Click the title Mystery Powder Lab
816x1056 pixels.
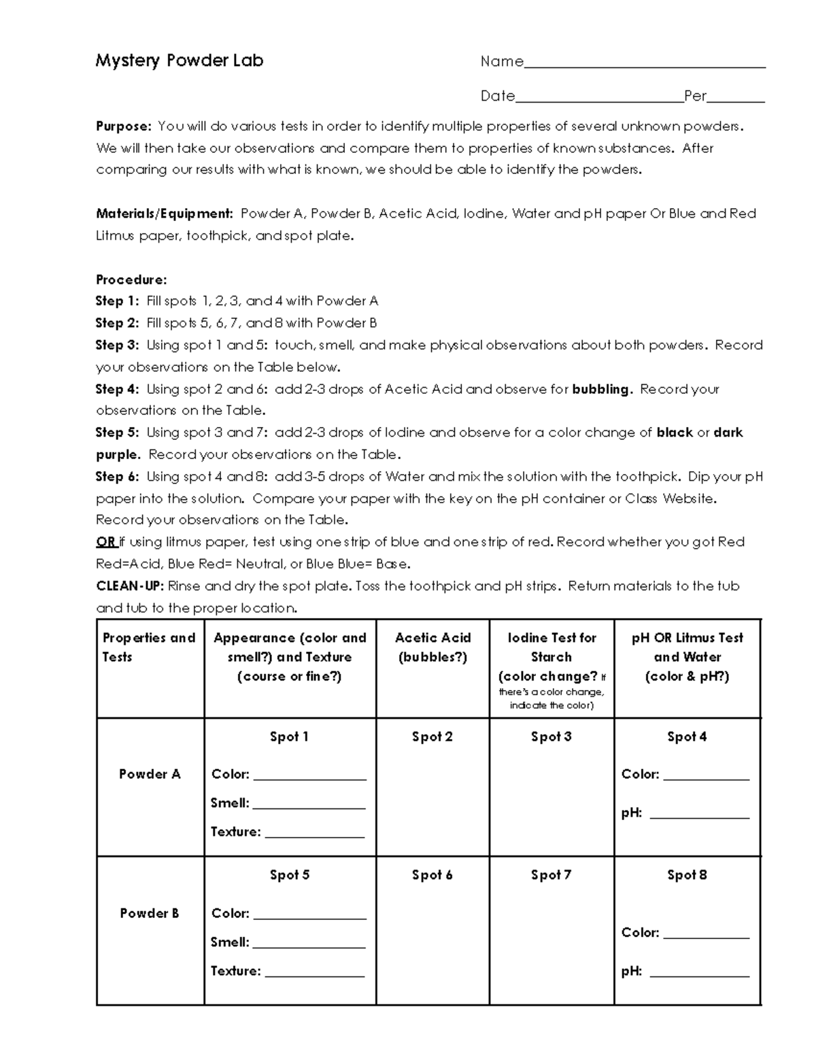[179, 61]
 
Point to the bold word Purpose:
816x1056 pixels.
[123, 126]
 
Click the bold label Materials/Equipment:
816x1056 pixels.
[164, 214]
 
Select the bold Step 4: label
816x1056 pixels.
[117, 389]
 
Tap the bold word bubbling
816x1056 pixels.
[602, 389]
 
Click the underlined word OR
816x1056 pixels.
[105, 542]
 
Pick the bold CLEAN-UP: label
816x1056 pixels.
[129, 586]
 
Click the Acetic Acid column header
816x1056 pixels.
[432, 647]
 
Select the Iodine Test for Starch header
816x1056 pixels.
[551, 647]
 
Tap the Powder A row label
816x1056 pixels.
[150, 774]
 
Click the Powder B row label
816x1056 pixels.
[150, 913]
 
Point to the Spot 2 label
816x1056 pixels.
[432, 736]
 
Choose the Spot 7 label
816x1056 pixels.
[551, 875]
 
